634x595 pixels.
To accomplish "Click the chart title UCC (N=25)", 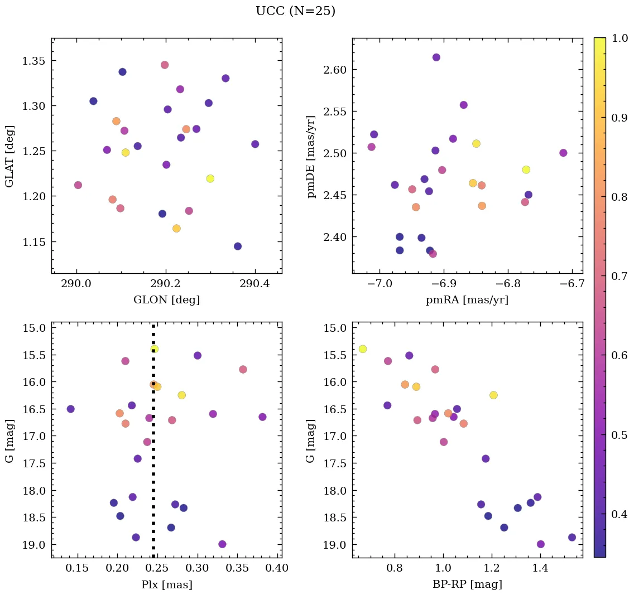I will [x=295, y=11].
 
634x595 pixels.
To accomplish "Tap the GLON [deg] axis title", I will [x=166, y=300].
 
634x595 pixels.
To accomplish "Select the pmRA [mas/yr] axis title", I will [x=467, y=300].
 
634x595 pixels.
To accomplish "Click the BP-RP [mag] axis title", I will [x=467, y=584].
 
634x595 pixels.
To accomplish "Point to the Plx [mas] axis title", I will [x=166, y=584].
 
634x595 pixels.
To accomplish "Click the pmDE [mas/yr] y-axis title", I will [x=311, y=156].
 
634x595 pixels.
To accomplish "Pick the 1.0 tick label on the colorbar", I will [x=619, y=38].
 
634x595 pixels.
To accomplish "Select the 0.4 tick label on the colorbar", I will [x=619, y=514].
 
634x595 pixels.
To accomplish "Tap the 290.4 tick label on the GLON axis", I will [x=254, y=284].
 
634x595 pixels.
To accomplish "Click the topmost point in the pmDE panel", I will [x=436, y=57].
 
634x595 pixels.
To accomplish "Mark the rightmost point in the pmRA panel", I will [x=563, y=153].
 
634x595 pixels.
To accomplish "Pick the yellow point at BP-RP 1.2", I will [x=493, y=395].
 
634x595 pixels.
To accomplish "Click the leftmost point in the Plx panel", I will [x=70, y=409].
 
